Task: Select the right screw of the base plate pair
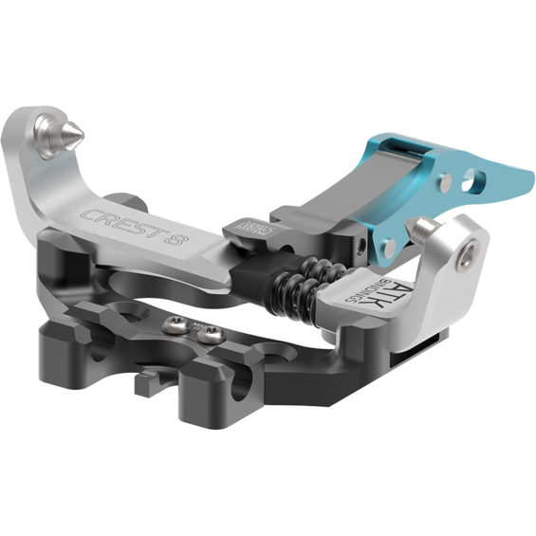[x=212, y=334]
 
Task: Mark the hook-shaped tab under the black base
[x=148, y=385]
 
